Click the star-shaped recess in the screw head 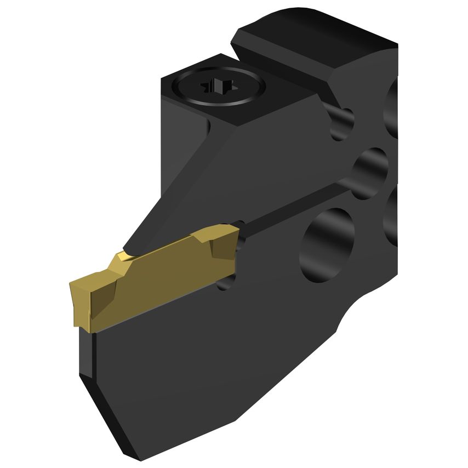click(x=218, y=87)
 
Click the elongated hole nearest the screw click(x=341, y=123)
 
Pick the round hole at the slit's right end click(x=370, y=173)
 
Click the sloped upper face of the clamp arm click(x=241, y=159)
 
